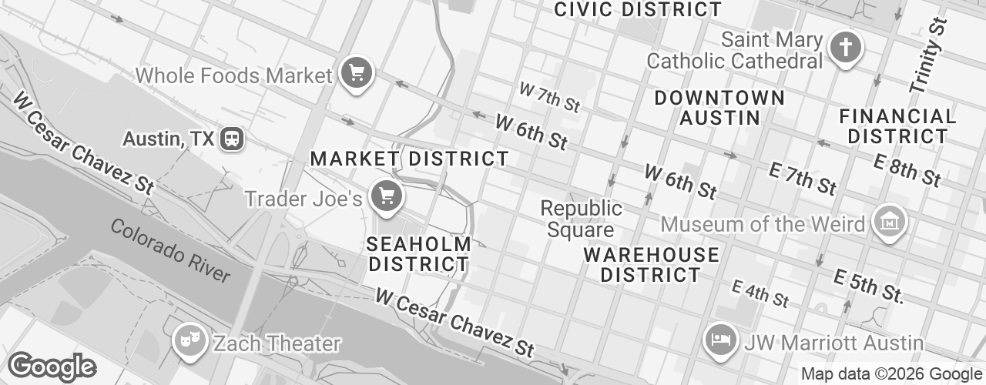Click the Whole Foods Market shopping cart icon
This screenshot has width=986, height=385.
356,74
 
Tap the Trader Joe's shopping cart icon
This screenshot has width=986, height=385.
386,196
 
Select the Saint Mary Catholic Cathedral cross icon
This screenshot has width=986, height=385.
845,48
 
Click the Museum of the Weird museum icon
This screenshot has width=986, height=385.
889,223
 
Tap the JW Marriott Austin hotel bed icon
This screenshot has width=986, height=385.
722,340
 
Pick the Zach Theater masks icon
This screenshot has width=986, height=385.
188,340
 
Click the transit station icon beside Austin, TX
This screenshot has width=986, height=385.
231,139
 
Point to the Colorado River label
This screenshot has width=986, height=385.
169,250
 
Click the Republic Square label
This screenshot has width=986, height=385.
581,219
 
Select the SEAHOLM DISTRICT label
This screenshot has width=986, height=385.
418,254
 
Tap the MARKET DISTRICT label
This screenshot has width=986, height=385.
409,159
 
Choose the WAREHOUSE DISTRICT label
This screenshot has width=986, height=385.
651,264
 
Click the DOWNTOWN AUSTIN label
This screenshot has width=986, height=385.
719,108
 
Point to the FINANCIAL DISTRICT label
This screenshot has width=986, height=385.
897,126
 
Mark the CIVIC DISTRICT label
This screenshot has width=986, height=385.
638,9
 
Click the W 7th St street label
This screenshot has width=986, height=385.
548,96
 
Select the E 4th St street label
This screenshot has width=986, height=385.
760,293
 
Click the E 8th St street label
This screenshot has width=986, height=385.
907,170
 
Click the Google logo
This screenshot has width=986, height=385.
52,367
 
